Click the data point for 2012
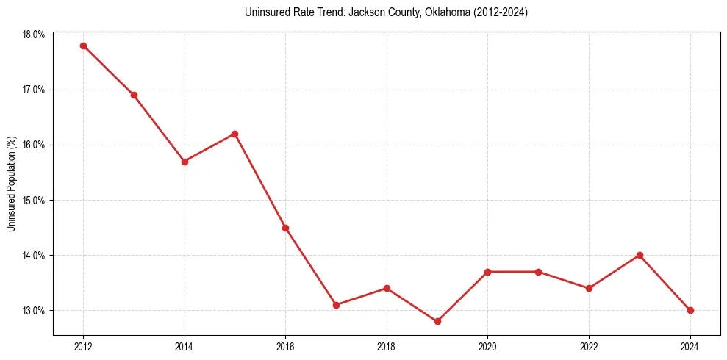coord(83,46)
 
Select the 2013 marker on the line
coord(134,95)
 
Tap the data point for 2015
coord(235,134)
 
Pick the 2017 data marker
coord(336,305)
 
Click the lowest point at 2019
coord(437,321)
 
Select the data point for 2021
coord(539,272)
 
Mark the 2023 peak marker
coord(640,255)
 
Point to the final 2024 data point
coord(690,310)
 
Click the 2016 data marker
coord(285,228)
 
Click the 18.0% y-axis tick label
coord(34,35)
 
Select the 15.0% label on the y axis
coord(34,200)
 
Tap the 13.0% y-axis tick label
coord(34,310)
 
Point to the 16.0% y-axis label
coord(34,145)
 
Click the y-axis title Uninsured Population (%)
coord(11,184)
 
